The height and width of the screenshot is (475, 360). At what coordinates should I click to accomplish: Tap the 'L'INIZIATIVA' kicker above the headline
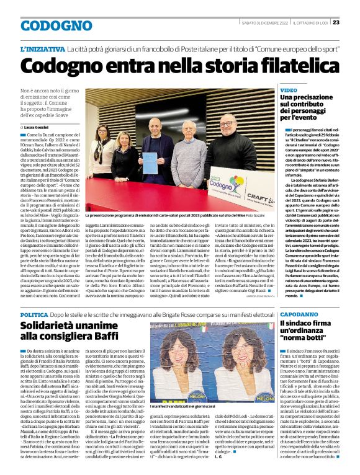click(42, 48)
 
